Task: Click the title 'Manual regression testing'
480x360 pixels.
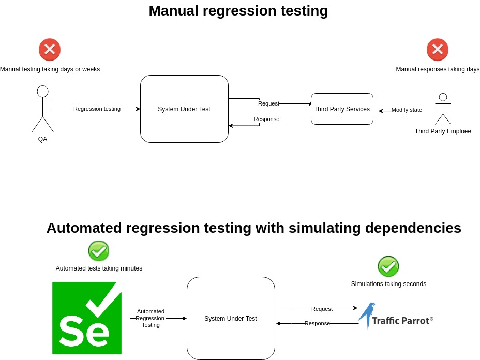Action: (x=238, y=11)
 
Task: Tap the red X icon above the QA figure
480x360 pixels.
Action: (x=50, y=50)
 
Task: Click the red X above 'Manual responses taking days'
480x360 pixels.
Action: (x=437, y=50)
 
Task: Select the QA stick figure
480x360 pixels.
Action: (x=42, y=109)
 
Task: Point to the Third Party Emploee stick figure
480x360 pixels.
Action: (x=443, y=109)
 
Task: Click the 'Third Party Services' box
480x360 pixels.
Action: (x=342, y=109)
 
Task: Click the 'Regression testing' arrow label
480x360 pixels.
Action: (x=97, y=109)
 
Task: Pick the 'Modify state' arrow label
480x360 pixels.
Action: (x=407, y=110)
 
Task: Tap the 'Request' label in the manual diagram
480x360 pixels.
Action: (x=268, y=103)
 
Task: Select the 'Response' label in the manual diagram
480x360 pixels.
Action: (x=266, y=119)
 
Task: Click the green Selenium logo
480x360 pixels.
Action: (x=87, y=318)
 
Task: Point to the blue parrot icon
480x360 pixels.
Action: (x=367, y=315)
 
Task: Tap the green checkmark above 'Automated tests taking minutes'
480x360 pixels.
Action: (x=99, y=251)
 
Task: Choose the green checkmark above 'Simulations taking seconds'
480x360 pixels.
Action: (x=388, y=266)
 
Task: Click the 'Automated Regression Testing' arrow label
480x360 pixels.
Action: (x=151, y=318)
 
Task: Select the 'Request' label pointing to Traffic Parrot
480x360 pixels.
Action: (x=322, y=309)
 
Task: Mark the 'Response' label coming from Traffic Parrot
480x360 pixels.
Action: (x=317, y=324)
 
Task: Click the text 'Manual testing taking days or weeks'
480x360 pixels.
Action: (x=50, y=69)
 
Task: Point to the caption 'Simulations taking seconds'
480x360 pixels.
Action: (x=388, y=284)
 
